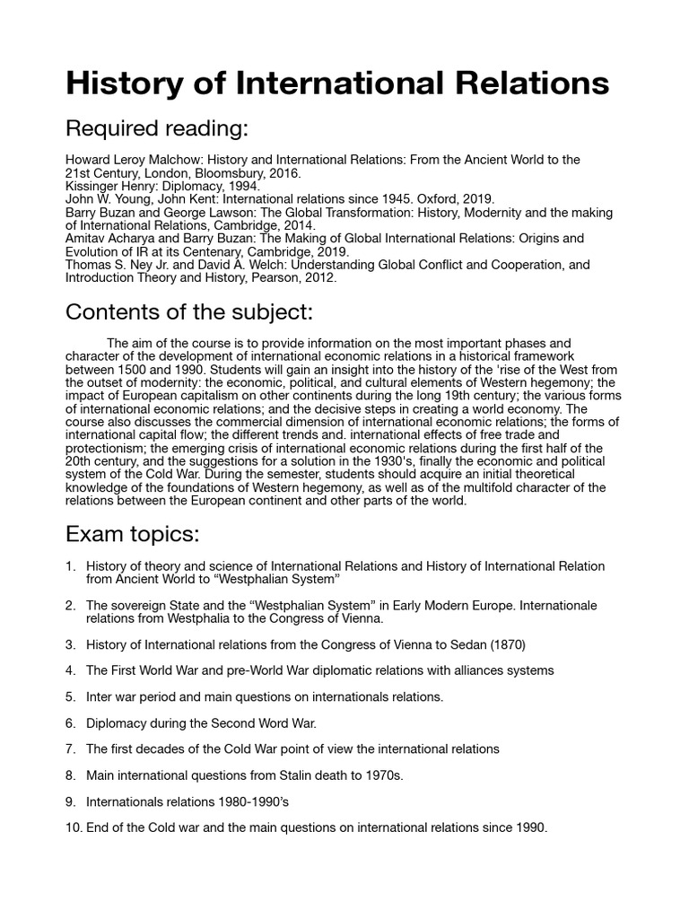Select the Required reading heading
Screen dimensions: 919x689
156,129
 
